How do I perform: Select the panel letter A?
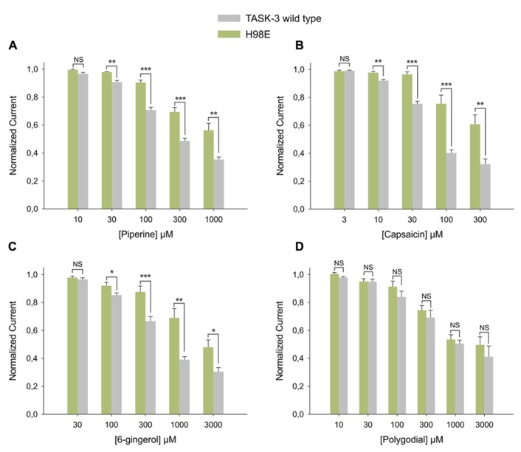tap(13, 46)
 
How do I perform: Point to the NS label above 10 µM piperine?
tap(78, 60)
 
